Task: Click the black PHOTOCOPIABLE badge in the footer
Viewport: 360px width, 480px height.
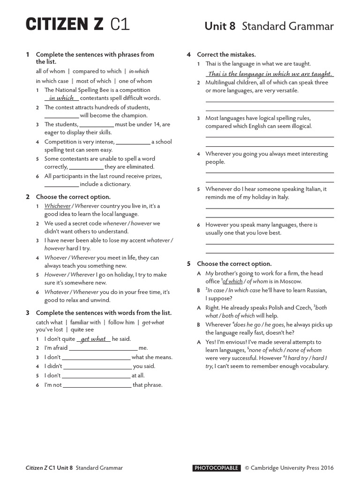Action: click(217, 468)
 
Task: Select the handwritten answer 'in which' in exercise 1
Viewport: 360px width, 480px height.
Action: click(61, 98)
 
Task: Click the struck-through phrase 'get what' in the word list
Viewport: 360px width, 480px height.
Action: click(153, 322)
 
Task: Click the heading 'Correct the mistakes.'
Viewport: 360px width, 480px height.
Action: click(226, 55)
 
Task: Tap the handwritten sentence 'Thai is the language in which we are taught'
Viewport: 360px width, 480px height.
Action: click(270, 74)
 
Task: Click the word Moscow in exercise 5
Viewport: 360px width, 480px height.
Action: click(290, 281)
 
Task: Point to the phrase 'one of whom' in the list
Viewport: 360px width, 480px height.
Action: click(135, 81)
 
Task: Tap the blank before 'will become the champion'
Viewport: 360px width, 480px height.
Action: click(61, 115)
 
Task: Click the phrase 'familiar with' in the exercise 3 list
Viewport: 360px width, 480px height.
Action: click(85, 322)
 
